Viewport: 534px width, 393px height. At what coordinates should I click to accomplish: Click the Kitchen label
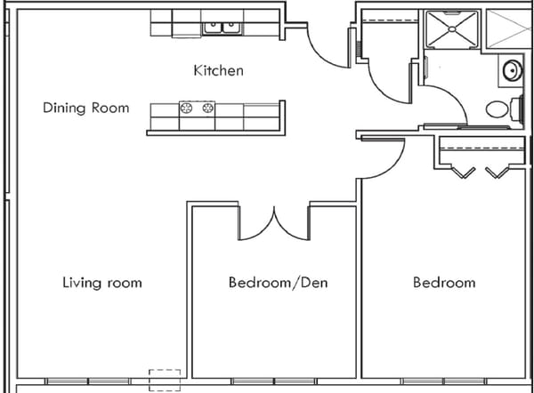(x=218, y=70)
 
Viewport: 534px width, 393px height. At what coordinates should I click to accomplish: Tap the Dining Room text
(x=85, y=108)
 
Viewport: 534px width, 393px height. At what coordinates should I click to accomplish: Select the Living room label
(x=101, y=283)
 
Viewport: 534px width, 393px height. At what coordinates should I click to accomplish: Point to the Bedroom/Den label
(x=278, y=283)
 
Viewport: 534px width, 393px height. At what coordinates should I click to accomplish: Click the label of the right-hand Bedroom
(x=443, y=283)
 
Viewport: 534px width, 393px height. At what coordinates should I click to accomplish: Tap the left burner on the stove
(x=188, y=108)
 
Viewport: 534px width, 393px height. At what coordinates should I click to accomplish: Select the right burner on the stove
(x=208, y=108)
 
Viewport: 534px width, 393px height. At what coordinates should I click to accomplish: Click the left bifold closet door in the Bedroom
(x=462, y=172)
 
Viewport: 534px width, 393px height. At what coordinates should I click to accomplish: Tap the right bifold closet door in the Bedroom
(x=498, y=172)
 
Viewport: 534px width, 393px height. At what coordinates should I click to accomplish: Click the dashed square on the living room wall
(x=165, y=380)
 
